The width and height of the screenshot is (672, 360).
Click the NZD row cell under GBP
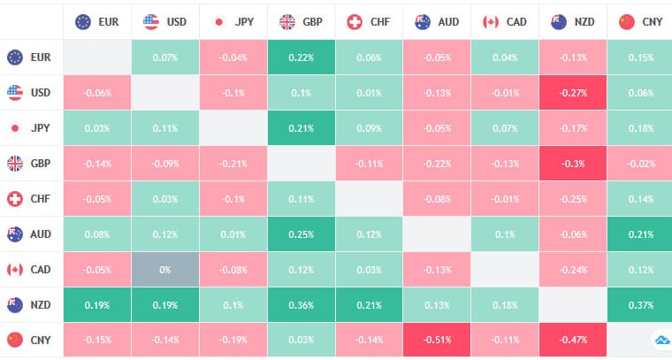click(302, 304)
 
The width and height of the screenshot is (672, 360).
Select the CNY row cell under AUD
click(437, 340)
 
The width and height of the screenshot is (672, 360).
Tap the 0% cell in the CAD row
click(165, 269)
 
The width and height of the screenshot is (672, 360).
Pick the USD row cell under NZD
click(572, 92)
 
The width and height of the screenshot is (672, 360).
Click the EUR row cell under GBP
click(302, 57)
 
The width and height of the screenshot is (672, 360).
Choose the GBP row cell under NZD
click(572, 163)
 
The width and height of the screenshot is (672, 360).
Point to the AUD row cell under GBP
click(302, 234)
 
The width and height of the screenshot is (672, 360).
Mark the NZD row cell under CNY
click(639, 304)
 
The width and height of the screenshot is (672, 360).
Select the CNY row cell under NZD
click(572, 340)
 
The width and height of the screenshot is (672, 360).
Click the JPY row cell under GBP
click(302, 127)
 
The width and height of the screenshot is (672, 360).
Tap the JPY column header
click(233, 21)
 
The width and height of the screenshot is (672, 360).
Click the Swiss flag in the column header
click(355, 21)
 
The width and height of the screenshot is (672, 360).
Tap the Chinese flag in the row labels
click(15, 340)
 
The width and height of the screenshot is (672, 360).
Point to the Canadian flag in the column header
click(490, 21)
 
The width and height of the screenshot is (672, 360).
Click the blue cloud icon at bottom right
click(661, 340)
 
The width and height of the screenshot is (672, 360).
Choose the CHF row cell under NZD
click(572, 198)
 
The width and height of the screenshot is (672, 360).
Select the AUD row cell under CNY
click(639, 234)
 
